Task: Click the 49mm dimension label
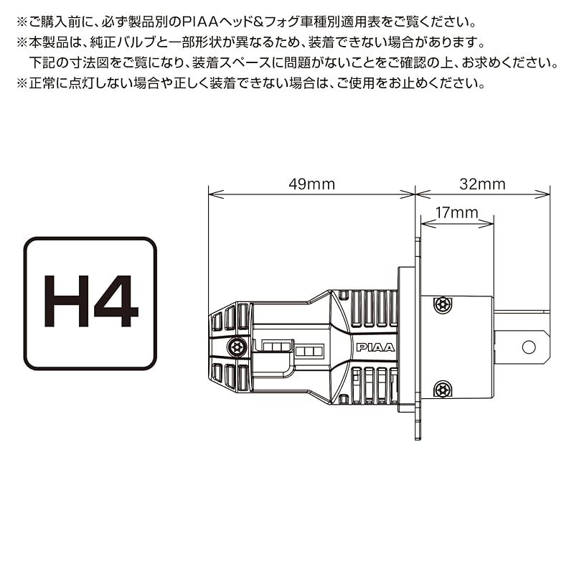(x=311, y=184)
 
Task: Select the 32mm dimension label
(x=482, y=184)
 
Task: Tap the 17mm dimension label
(x=456, y=212)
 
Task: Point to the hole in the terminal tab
(x=529, y=347)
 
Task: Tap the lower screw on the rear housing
(x=443, y=389)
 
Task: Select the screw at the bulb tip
(x=232, y=347)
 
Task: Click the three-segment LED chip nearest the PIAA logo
(x=309, y=352)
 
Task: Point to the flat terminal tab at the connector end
(x=520, y=347)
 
